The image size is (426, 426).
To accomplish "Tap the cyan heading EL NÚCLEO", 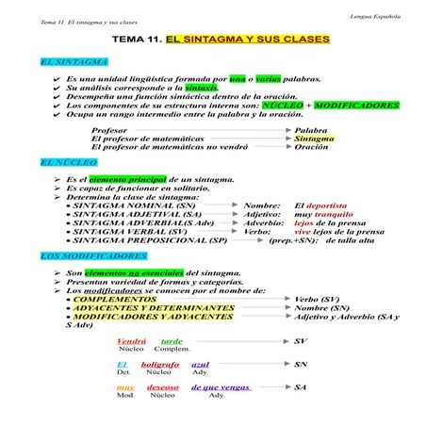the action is coord(69,162).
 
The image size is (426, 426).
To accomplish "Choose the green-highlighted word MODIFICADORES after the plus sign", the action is coord(358,106).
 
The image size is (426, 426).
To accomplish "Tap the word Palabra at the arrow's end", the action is coord(311,130).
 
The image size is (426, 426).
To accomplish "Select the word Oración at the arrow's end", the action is coord(312,148).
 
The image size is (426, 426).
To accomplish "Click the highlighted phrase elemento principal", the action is coord(127,179).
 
